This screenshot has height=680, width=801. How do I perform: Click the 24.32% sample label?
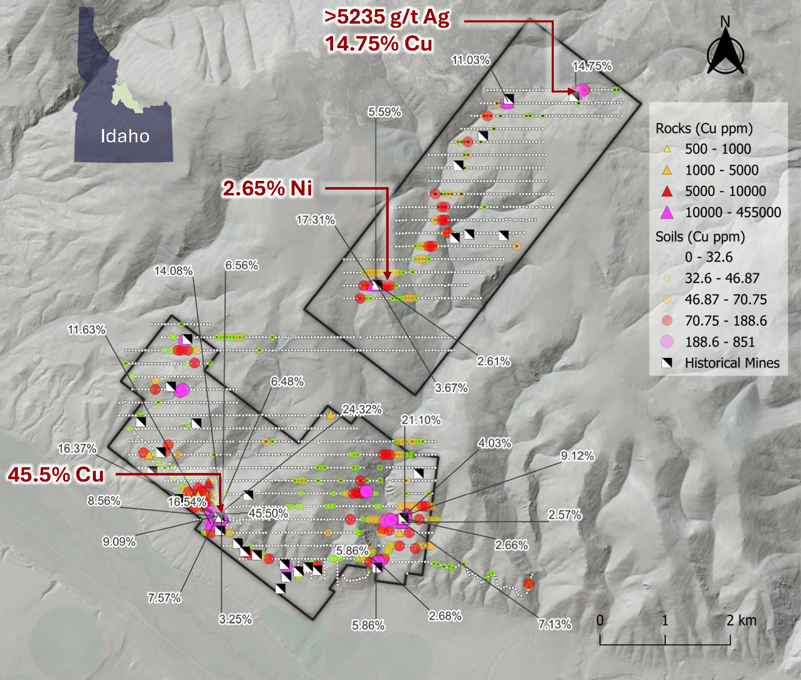point(362,409)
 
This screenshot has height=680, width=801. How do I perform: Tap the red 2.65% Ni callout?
point(267,188)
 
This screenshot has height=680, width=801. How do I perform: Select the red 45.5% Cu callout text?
point(56,474)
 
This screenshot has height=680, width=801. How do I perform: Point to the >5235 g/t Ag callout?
point(387,17)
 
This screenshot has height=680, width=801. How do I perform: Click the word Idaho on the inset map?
point(125,136)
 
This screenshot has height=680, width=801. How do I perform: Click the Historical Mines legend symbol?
point(667,363)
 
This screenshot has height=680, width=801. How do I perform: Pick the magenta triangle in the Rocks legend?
point(667,212)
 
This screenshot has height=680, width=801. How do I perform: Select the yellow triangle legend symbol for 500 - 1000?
point(667,149)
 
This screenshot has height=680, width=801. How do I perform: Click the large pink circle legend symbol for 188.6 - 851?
point(667,341)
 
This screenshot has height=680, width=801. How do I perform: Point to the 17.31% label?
point(315,220)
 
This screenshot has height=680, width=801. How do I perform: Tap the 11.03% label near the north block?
point(470,61)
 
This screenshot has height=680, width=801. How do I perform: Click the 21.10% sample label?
point(421,420)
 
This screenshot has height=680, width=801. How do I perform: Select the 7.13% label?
point(555,624)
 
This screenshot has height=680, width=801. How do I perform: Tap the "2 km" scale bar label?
point(741,621)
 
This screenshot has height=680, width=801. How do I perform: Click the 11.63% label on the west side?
point(87,330)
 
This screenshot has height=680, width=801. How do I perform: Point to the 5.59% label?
point(385,112)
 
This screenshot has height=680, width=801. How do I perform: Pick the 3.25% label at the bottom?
point(235,619)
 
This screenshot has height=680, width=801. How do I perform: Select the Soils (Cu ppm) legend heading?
point(700,237)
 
